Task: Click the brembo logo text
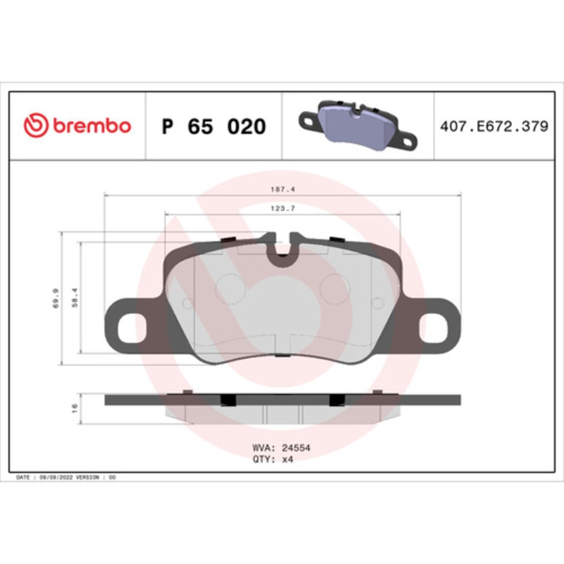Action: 92,126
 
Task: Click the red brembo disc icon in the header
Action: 36,125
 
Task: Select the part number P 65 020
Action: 214,126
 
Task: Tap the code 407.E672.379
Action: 494,126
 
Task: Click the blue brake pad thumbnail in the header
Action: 358,126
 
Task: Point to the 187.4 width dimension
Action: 283,189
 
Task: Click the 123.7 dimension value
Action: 283,209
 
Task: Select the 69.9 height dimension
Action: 56,298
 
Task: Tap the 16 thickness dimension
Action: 75,408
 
